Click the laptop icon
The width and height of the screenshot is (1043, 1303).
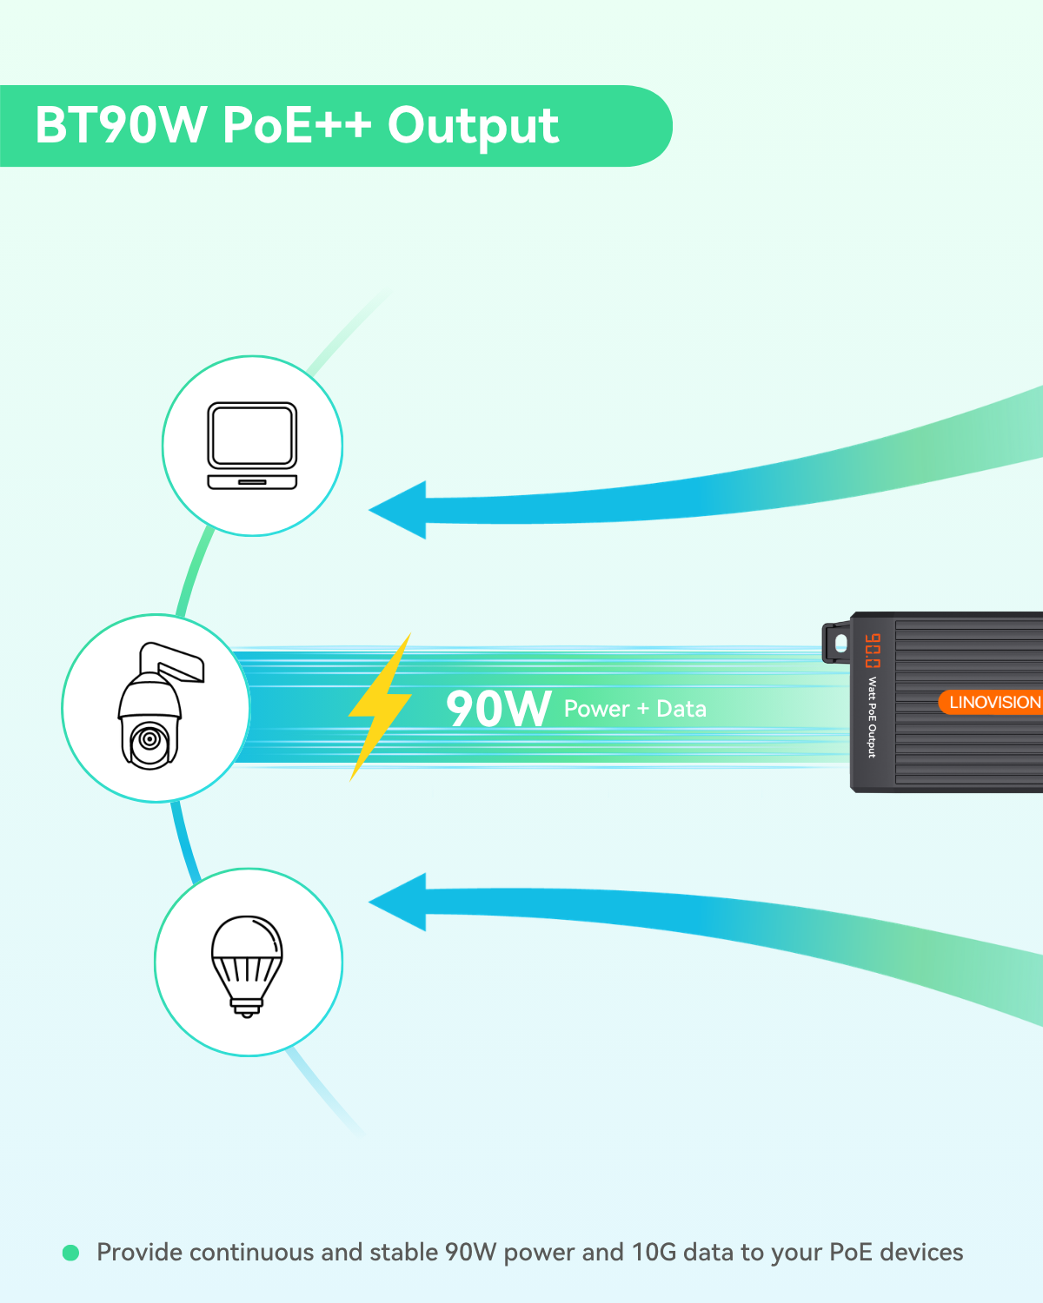coord(252,446)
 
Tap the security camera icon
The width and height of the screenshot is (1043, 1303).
coord(156,708)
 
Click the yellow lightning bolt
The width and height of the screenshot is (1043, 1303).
coord(380,706)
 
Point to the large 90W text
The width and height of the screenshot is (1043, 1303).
coord(498,708)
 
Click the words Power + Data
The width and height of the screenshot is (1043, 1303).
coord(634,709)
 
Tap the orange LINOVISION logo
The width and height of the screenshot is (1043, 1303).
coord(993,702)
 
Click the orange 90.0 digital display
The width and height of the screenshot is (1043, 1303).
coord(872,651)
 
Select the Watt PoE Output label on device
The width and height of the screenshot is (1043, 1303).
coord(872,717)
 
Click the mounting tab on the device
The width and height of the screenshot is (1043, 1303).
coord(837,642)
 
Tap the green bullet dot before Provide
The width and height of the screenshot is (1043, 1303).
coord(71,1253)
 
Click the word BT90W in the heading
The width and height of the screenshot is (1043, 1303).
coord(121,125)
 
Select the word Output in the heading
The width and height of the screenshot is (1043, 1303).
coord(473,127)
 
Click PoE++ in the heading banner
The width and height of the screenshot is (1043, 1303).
coord(296,125)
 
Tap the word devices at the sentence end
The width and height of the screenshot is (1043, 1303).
coord(920,1252)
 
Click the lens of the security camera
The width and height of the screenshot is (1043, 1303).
coord(150,739)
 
